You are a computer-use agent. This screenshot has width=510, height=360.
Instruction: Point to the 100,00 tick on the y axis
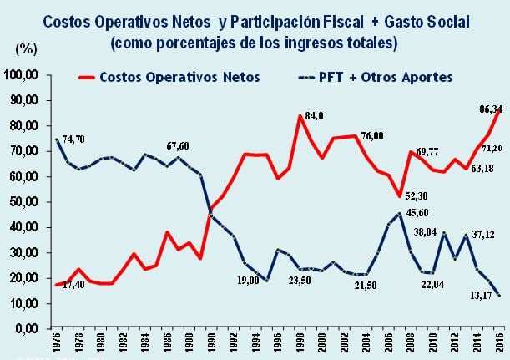(x=24, y=75)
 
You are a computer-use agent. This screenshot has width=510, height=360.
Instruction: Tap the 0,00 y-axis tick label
(x=30, y=328)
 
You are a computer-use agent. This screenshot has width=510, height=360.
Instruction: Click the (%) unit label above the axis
(x=27, y=49)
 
